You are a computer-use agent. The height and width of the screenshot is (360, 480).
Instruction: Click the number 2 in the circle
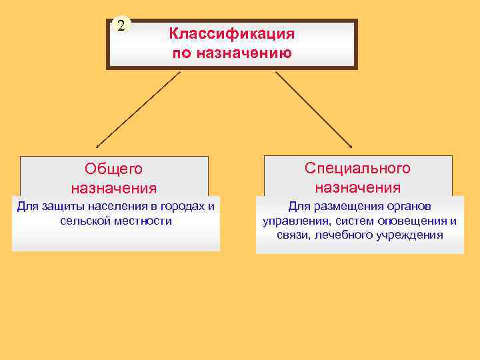pos(121,27)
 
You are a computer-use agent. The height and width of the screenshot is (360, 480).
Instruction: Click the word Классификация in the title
pos(231,33)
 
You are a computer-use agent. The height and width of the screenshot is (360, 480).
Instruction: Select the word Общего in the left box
pos(114,169)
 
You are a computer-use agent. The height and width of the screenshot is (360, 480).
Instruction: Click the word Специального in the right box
pos(358,168)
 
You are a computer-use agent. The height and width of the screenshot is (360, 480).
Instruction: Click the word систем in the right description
pos(350,221)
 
